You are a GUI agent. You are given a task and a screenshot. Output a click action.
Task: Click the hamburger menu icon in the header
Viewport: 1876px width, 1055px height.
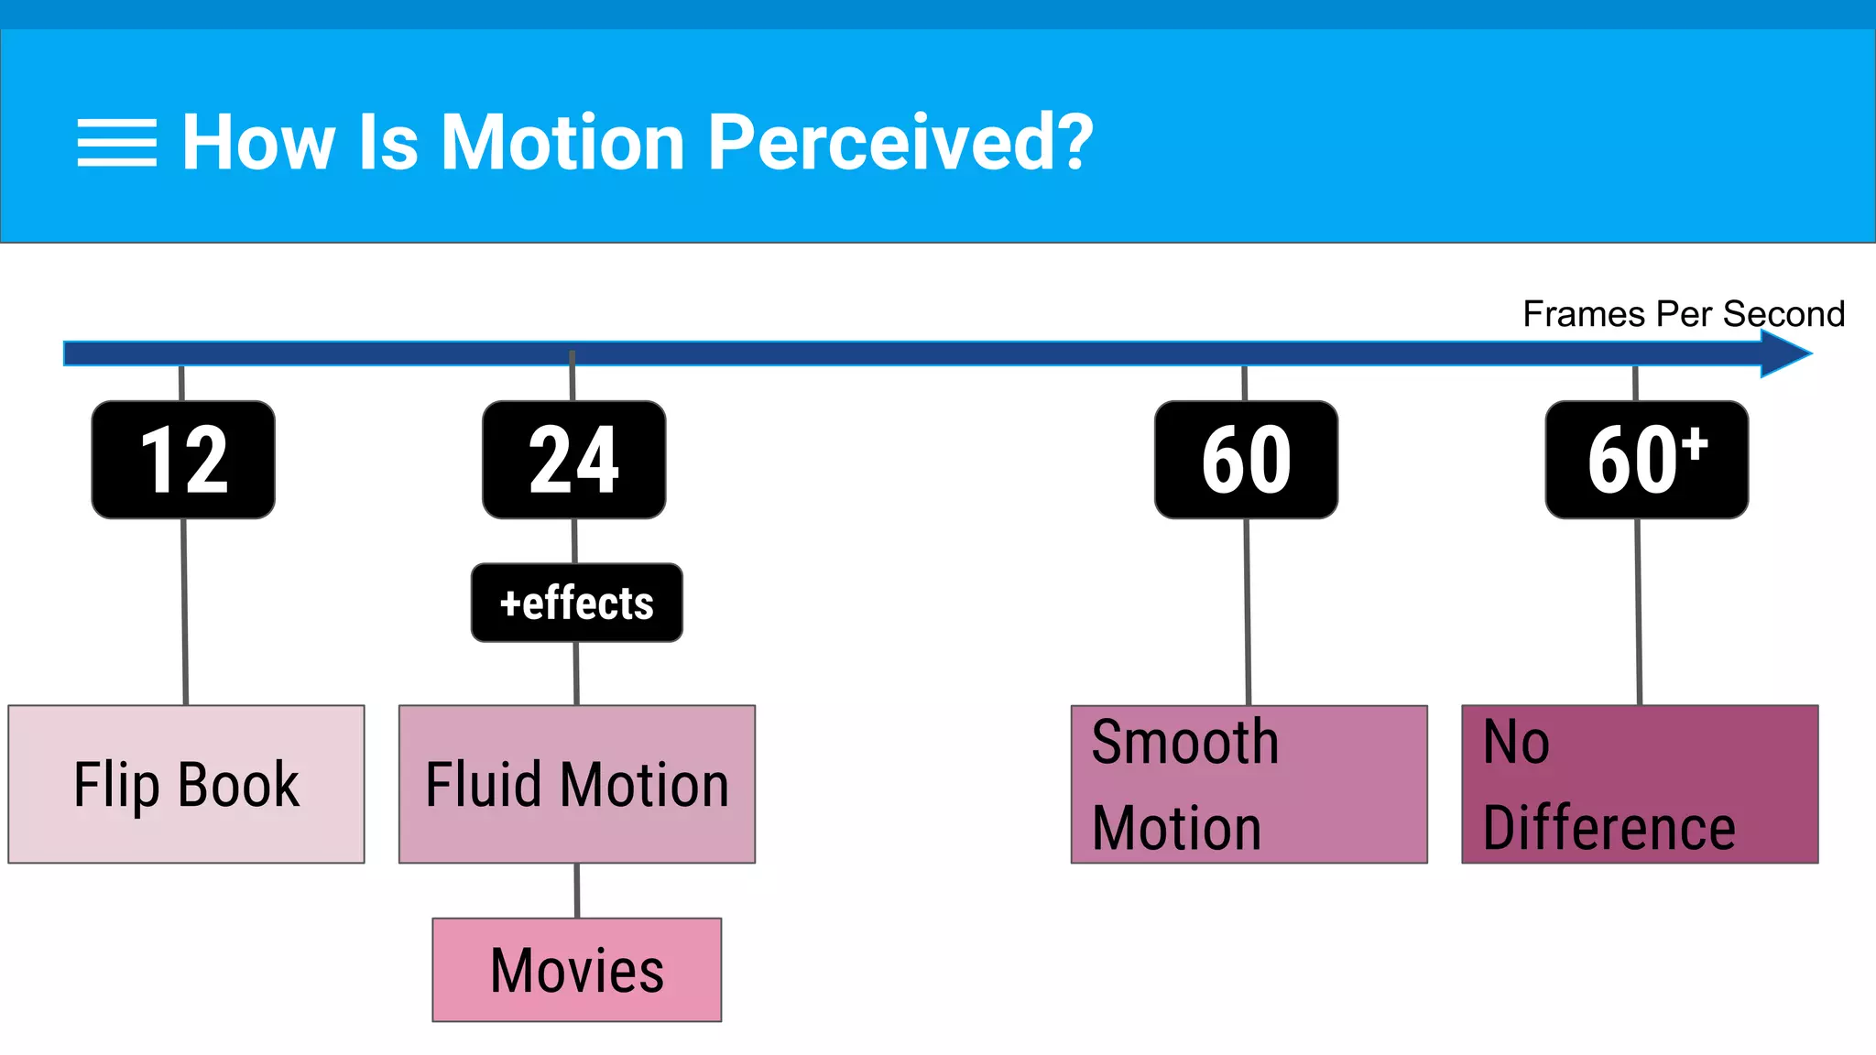[116, 143]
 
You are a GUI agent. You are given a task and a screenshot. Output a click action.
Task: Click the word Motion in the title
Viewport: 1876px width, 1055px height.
[562, 143]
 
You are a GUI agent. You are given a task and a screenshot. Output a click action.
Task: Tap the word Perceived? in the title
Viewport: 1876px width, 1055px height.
[900, 143]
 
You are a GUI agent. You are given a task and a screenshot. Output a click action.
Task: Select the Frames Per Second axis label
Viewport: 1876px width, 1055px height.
[1683, 314]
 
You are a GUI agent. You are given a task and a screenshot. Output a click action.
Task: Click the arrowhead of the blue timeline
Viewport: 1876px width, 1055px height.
[1786, 353]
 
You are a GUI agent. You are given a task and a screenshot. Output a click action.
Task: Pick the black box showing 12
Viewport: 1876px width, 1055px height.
[183, 460]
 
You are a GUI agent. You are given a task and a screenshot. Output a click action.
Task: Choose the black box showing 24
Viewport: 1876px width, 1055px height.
[574, 460]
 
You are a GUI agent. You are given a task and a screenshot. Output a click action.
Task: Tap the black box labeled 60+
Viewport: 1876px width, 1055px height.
[1646, 460]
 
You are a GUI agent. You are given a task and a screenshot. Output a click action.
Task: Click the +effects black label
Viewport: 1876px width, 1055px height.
[577, 603]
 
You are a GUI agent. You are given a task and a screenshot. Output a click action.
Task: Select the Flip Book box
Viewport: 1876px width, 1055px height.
[186, 784]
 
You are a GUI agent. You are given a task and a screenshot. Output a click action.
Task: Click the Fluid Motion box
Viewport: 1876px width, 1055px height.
[577, 784]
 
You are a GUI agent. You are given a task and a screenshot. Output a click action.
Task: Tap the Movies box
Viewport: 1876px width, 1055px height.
[577, 970]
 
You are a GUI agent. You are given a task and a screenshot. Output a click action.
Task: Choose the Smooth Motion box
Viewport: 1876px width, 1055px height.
[1249, 784]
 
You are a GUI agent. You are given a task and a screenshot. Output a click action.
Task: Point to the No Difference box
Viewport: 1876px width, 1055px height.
[1640, 784]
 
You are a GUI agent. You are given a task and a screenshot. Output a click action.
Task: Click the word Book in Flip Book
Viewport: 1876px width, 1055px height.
[238, 785]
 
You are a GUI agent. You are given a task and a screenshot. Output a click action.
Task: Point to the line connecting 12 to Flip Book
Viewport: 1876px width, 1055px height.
[185, 612]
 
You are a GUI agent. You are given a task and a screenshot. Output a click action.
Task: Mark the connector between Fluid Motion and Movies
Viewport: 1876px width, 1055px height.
[577, 890]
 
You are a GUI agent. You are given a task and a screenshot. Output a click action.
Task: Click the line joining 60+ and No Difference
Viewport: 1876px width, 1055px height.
[1639, 612]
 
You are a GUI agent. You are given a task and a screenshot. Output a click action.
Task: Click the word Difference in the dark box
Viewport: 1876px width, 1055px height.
[1609, 828]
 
